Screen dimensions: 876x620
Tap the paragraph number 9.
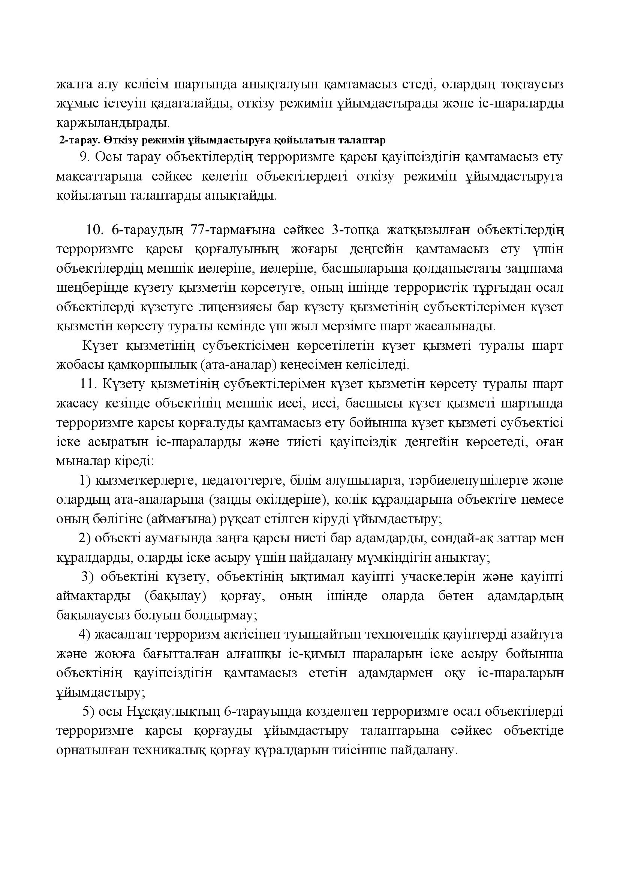(x=84, y=157)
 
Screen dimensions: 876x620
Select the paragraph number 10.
(x=95, y=230)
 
